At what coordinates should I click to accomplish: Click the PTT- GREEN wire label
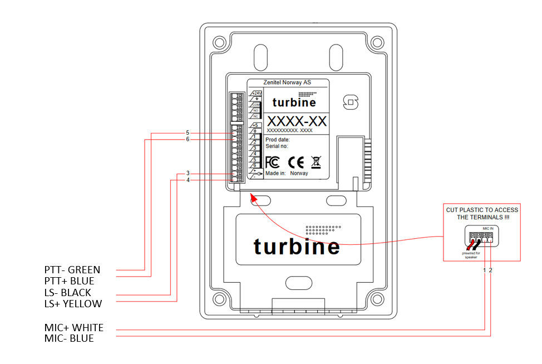tap(72, 270)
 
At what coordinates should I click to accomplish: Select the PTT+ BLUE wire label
tap(69, 281)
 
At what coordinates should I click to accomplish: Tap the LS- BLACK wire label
tap(67, 292)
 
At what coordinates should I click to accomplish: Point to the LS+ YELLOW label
tap(73, 304)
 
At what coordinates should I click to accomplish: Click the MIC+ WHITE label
tap(73, 327)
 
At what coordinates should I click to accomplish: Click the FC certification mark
tap(273, 162)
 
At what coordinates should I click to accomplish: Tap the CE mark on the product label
tap(295, 162)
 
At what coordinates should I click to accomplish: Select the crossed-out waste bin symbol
tap(316, 162)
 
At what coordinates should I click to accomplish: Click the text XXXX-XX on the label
tap(297, 121)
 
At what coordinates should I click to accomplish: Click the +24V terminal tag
tap(256, 93)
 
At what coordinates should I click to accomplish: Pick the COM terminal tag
tap(256, 105)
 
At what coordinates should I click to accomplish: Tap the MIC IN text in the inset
tap(487, 228)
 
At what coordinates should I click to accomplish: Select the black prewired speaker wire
tap(477, 245)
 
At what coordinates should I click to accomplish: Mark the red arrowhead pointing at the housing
tap(252, 196)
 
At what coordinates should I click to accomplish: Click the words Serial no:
tap(277, 146)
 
